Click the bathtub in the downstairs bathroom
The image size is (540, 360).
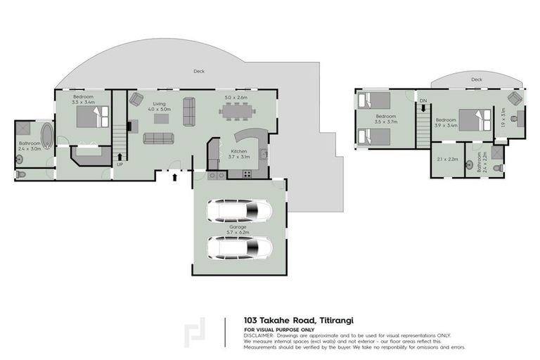(46, 136)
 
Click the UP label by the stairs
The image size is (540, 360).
(120, 165)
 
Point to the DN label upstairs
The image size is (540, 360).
(423, 101)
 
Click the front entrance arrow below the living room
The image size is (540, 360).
(174, 177)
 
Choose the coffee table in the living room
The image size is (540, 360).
(162, 118)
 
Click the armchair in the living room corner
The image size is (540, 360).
(136, 99)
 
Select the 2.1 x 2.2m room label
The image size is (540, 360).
(447, 160)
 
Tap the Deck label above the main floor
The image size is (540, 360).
(200, 71)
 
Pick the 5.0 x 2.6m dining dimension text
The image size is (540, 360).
(236, 97)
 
